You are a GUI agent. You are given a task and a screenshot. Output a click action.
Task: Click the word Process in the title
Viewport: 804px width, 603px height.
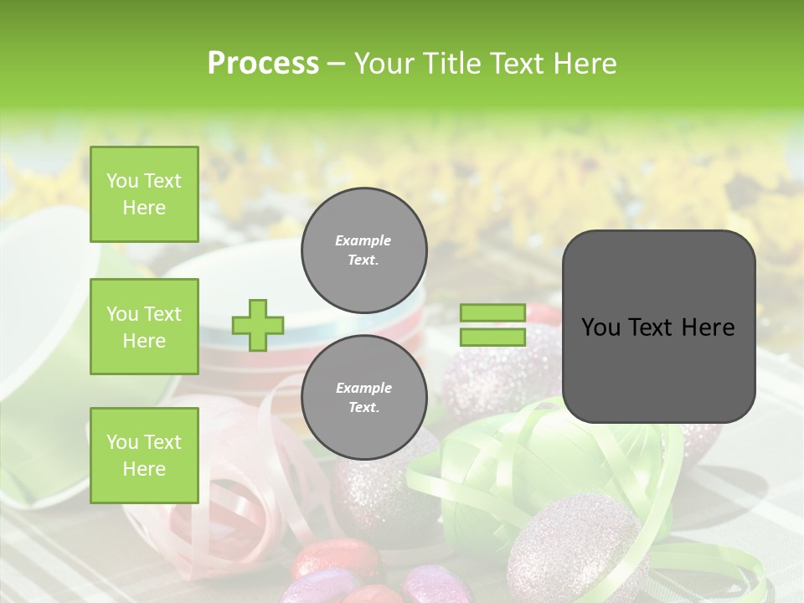pos(263,64)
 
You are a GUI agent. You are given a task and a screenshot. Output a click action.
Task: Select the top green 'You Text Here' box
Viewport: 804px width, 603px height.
pos(144,194)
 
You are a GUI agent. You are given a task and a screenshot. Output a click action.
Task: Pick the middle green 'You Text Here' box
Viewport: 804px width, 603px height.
pos(144,327)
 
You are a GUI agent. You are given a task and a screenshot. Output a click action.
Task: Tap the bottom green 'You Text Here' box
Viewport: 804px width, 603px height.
pos(144,455)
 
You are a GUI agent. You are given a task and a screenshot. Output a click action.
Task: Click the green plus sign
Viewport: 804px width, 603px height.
pos(257,325)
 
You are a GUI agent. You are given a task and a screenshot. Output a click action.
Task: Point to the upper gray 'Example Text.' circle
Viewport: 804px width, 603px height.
pos(363,250)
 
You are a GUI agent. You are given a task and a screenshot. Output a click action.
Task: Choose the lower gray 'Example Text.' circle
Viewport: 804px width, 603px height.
pos(363,398)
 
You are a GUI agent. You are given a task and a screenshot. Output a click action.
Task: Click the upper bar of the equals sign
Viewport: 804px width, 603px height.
pos(492,313)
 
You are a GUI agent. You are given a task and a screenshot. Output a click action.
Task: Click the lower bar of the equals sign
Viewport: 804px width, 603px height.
pos(492,337)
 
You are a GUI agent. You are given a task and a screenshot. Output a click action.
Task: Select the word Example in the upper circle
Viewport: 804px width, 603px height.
pos(363,240)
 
